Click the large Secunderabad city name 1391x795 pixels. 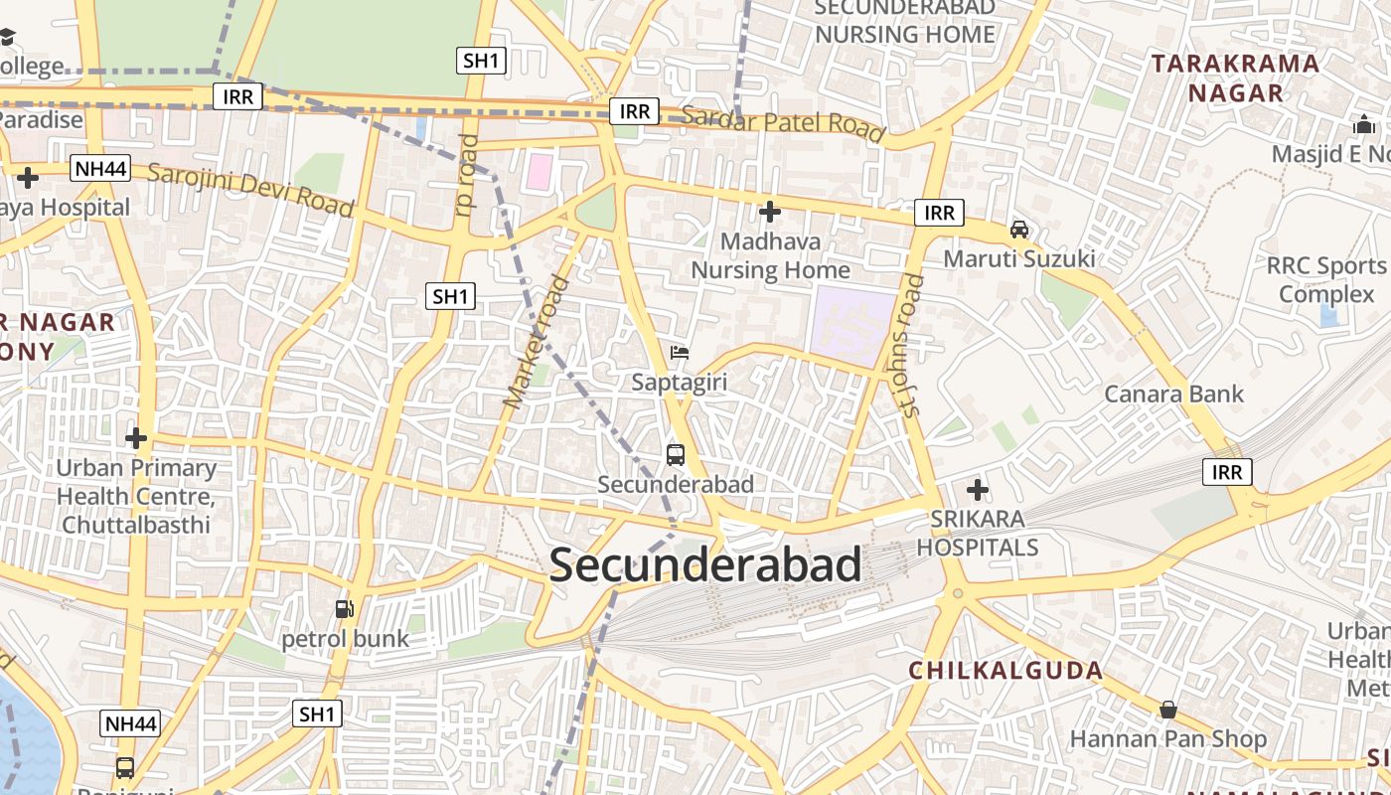(704, 565)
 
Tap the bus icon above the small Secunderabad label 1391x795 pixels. (676, 455)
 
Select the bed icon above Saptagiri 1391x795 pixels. (680, 353)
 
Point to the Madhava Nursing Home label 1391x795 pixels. (771, 255)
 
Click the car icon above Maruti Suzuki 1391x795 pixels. (1019, 230)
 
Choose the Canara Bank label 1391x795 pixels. (1173, 395)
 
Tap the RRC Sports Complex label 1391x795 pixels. (1326, 279)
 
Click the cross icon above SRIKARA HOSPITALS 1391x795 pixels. (978, 490)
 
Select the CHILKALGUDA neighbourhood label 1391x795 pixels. (1005, 671)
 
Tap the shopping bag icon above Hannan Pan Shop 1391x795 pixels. (1168, 710)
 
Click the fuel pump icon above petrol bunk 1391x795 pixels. (344, 609)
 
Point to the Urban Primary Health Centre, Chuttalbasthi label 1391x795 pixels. (136, 495)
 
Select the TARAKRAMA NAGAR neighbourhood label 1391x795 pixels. (1236, 79)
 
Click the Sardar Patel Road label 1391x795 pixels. (784, 123)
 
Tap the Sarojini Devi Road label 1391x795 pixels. (250, 188)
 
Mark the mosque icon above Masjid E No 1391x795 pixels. (1363, 126)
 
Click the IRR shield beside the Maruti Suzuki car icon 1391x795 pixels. (939, 213)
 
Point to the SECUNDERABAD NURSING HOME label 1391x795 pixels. (904, 21)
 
